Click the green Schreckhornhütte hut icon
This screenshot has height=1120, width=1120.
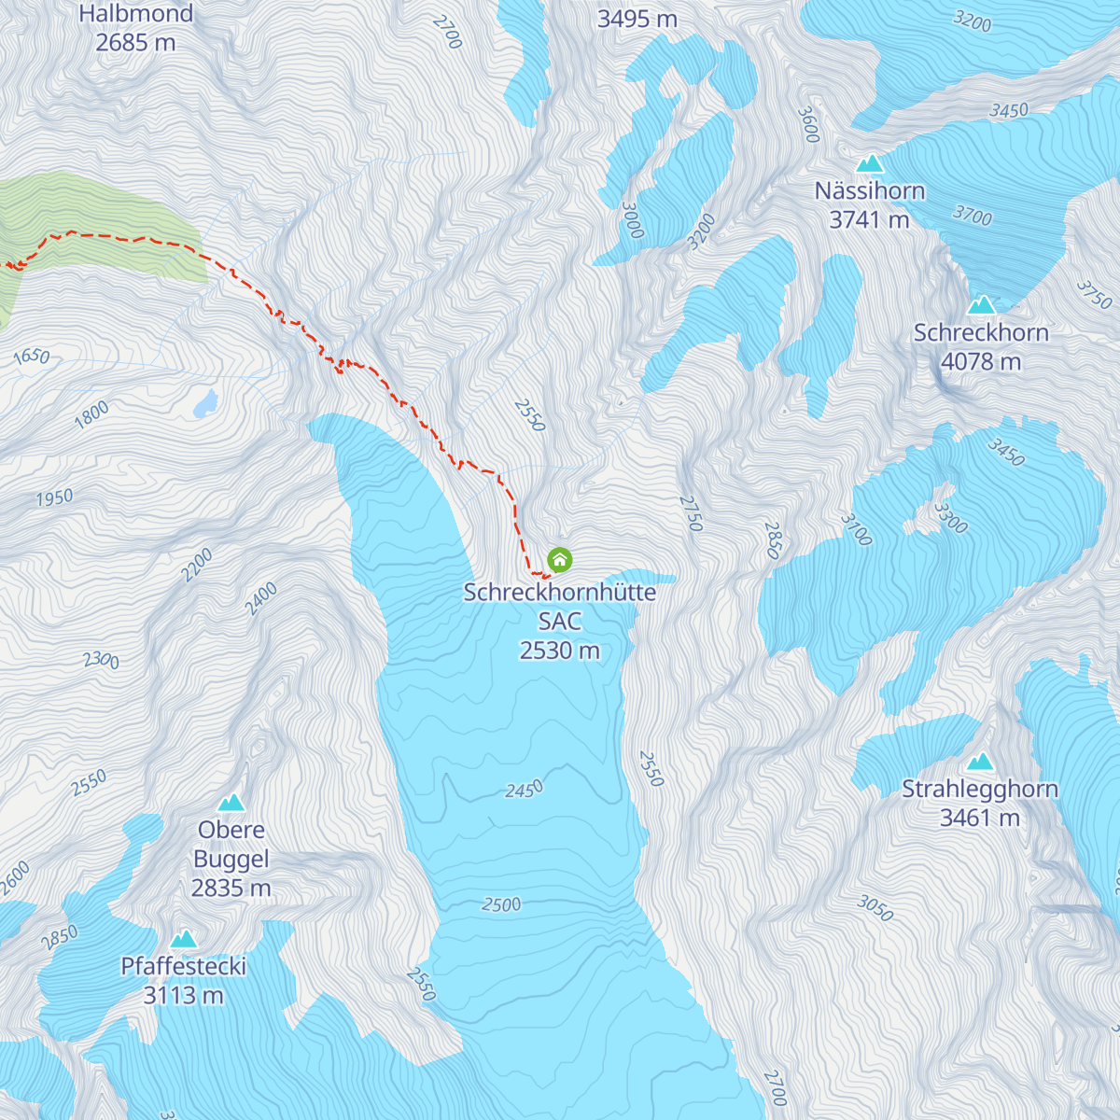tap(559, 560)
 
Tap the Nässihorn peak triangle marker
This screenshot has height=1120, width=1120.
tap(870, 163)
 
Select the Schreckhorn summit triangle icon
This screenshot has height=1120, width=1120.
tap(981, 305)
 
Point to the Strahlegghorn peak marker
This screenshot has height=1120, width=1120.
tap(980, 762)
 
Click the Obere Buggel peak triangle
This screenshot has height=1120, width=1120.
tap(231, 803)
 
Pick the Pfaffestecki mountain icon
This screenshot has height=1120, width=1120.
tap(184, 939)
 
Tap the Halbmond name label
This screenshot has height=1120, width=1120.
tap(135, 14)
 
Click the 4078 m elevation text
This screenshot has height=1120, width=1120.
tap(981, 361)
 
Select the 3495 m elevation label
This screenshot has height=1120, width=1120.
tap(637, 19)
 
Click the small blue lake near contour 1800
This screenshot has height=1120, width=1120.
tap(205, 404)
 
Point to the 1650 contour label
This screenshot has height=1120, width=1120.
tap(31, 357)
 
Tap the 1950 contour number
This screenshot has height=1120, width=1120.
tap(54, 498)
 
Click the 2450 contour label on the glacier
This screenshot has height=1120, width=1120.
tap(524, 791)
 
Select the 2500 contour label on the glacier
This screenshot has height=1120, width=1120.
tap(501, 904)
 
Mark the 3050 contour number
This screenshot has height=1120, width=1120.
tap(875, 907)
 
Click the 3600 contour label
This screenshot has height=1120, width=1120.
tap(807, 125)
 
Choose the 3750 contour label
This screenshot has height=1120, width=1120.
tap(1094, 294)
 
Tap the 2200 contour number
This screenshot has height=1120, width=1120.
tap(198, 566)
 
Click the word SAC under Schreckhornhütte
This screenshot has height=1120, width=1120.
tap(559, 621)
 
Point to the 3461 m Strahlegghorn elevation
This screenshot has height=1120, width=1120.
tap(980, 818)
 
